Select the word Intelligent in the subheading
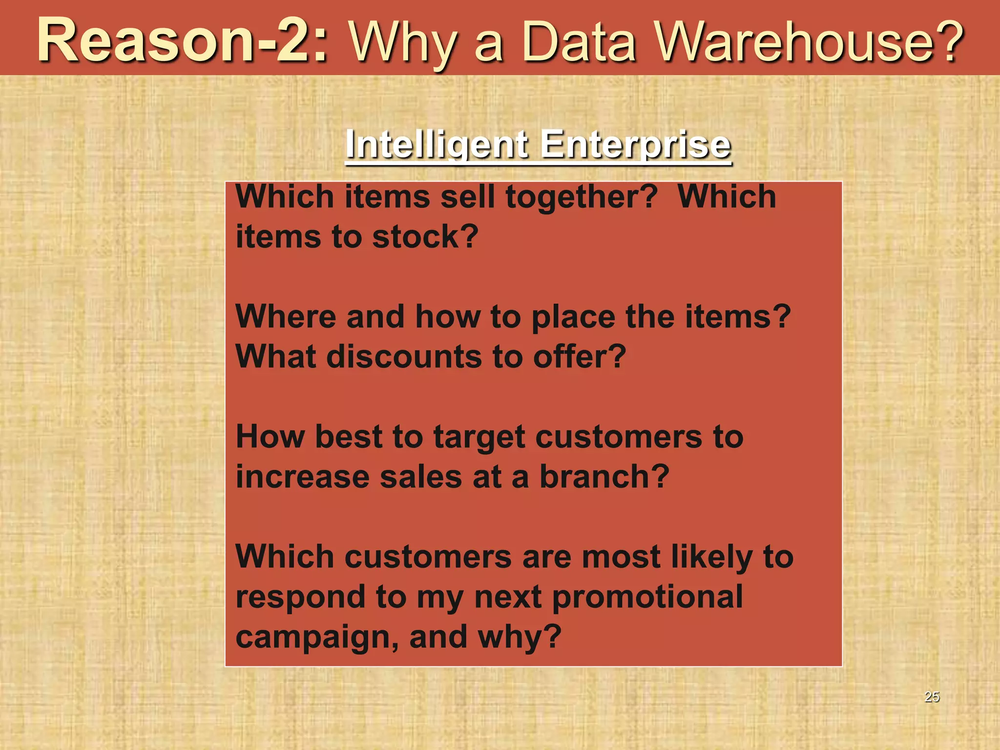(437, 145)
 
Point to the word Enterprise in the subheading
(636, 145)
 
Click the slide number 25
(932, 697)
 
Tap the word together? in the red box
(582, 197)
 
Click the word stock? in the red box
(425, 237)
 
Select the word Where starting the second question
(286, 317)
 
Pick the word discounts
(404, 357)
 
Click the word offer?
(580, 357)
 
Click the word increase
(302, 477)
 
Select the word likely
(711, 558)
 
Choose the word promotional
(647, 597)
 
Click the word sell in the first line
(468, 197)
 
